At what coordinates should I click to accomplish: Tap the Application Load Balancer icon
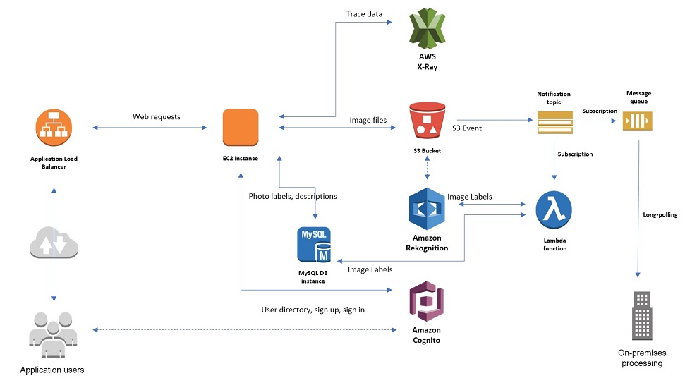click(x=54, y=128)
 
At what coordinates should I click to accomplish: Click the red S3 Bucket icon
click(x=428, y=121)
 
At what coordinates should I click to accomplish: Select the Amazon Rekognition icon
click(x=428, y=209)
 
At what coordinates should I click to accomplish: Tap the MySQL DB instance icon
click(x=314, y=245)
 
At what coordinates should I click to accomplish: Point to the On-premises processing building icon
click(x=641, y=315)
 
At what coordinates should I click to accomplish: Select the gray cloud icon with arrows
click(x=54, y=243)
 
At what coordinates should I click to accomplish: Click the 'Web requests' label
click(x=157, y=116)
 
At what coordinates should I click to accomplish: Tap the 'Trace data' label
click(x=364, y=13)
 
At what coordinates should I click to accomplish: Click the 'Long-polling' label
click(x=660, y=214)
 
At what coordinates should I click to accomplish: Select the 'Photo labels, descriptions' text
click(x=293, y=196)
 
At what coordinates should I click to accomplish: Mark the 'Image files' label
click(x=368, y=121)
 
